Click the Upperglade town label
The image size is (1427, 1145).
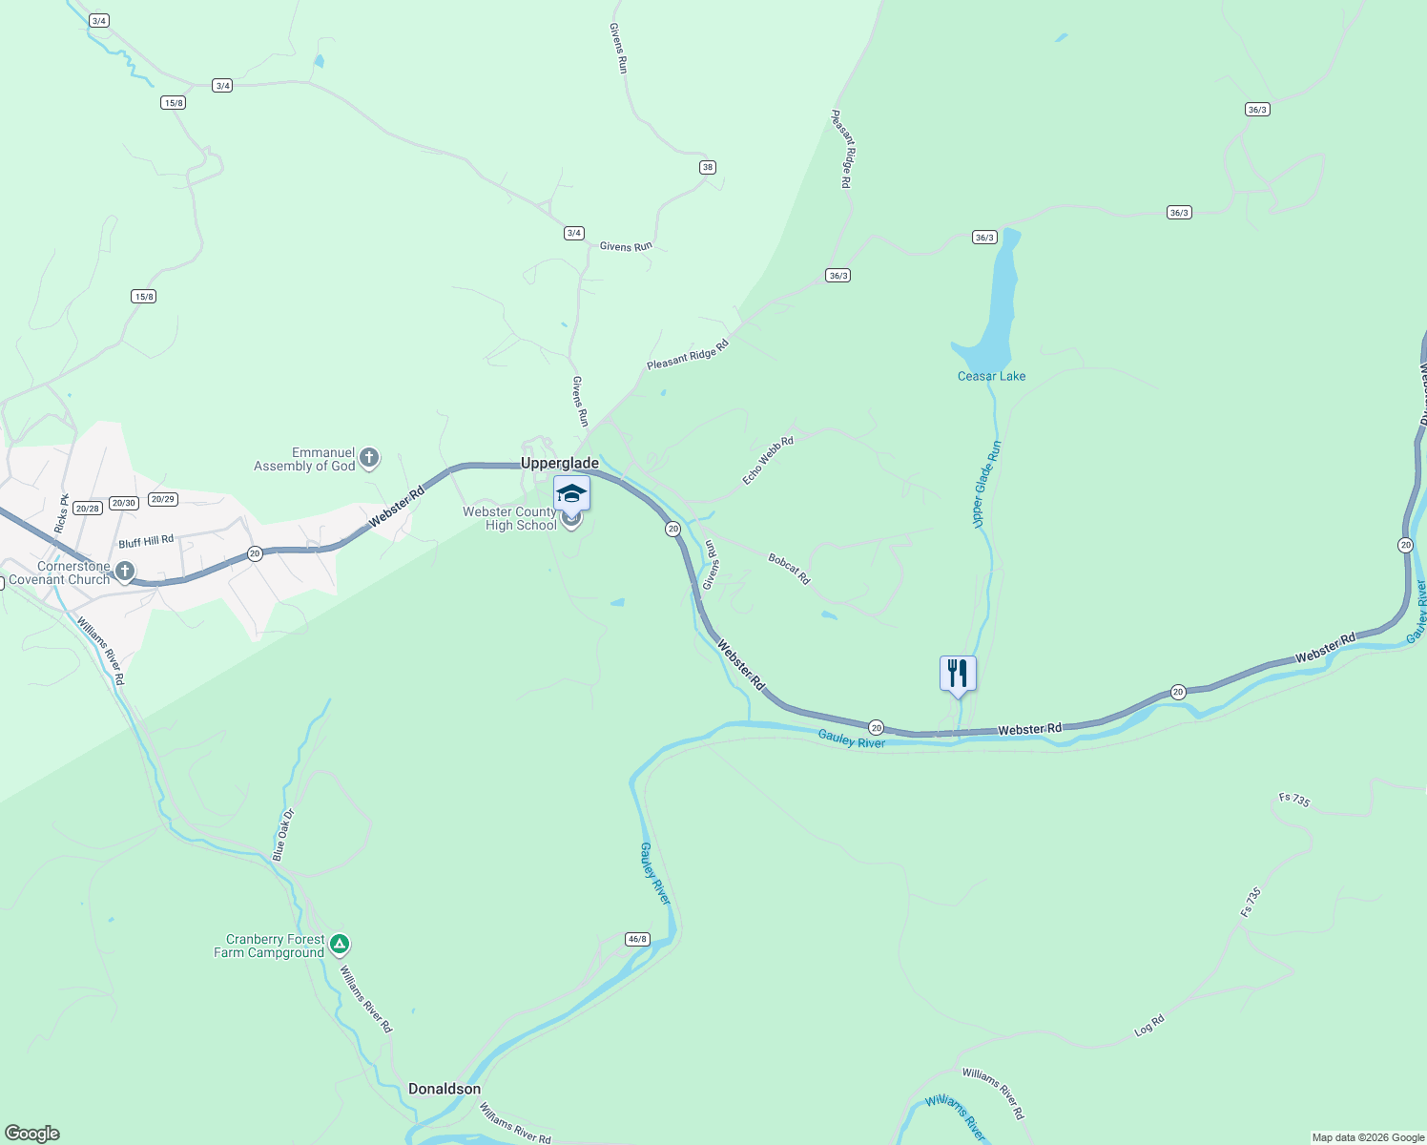click(x=560, y=463)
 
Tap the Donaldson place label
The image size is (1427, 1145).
click(x=445, y=1089)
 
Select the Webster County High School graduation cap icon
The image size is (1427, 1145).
click(x=571, y=492)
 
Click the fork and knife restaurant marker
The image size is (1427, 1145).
click(x=958, y=673)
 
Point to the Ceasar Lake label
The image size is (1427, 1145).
click(x=991, y=376)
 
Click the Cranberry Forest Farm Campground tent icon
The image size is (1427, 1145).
click(x=340, y=945)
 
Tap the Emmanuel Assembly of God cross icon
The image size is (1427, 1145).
click(x=369, y=459)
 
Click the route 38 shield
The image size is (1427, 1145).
click(x=707, y=167)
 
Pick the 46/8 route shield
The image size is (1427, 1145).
click(x=637, y=939)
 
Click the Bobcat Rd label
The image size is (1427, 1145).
click(x=789, y=570)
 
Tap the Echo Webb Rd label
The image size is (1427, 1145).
click(x=768, y=461)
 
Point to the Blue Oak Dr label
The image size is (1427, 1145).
click(x=283, y=835)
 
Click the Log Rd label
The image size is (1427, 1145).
click(x=1149, y=1026)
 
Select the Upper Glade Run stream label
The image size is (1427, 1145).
click(x=985, y=483)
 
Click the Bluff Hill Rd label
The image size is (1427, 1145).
click(x=146, y=542)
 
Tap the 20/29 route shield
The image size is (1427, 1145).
click(x=163, y=499)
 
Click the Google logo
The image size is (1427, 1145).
click(x=32, y=1134)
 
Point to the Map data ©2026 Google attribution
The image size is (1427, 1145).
click(x=1368, y=1137)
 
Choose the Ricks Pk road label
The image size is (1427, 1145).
click(x=62, y=513)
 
